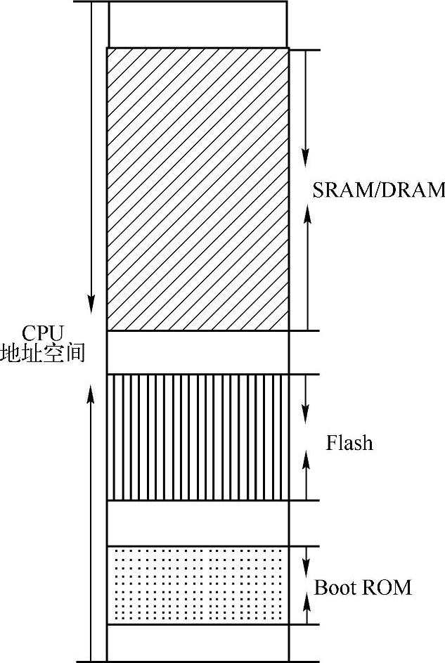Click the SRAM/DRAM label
(x=379, y=190)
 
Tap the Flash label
(x=349, y=444)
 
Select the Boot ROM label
(x=362, y=587)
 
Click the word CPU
(x=43, y=332)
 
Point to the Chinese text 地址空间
(x=43, y=352)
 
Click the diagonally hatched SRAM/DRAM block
(x=197, y=188)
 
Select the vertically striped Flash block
(x=197, y=437)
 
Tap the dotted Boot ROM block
(x=197, y=585)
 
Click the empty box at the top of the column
(x=197, y=24)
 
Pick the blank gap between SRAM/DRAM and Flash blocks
(x=197, y=352)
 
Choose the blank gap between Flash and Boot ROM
(x=197, y=523)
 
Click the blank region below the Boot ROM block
(x=197, y=643)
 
